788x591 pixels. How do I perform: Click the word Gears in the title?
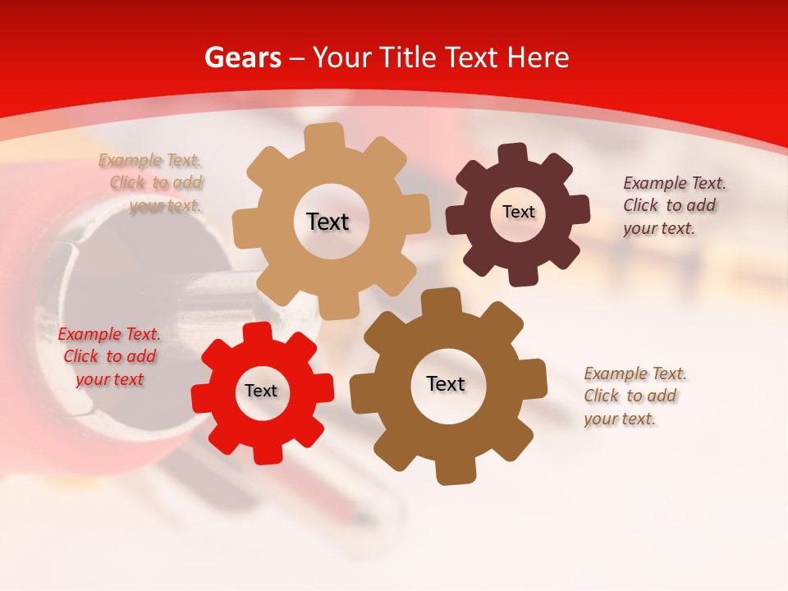coord(242,57)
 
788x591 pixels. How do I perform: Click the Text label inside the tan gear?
coord(328,222)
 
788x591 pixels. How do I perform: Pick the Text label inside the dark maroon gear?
coord(518,212)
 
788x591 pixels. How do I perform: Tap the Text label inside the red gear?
coord(261,391)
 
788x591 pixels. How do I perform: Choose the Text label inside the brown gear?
coord(446,383)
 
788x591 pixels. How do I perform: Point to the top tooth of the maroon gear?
coord(514,154)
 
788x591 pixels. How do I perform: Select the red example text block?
coord(109,356)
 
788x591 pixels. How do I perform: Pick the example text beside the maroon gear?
coord(674,205)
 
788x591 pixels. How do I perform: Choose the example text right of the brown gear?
coord(635,396)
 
